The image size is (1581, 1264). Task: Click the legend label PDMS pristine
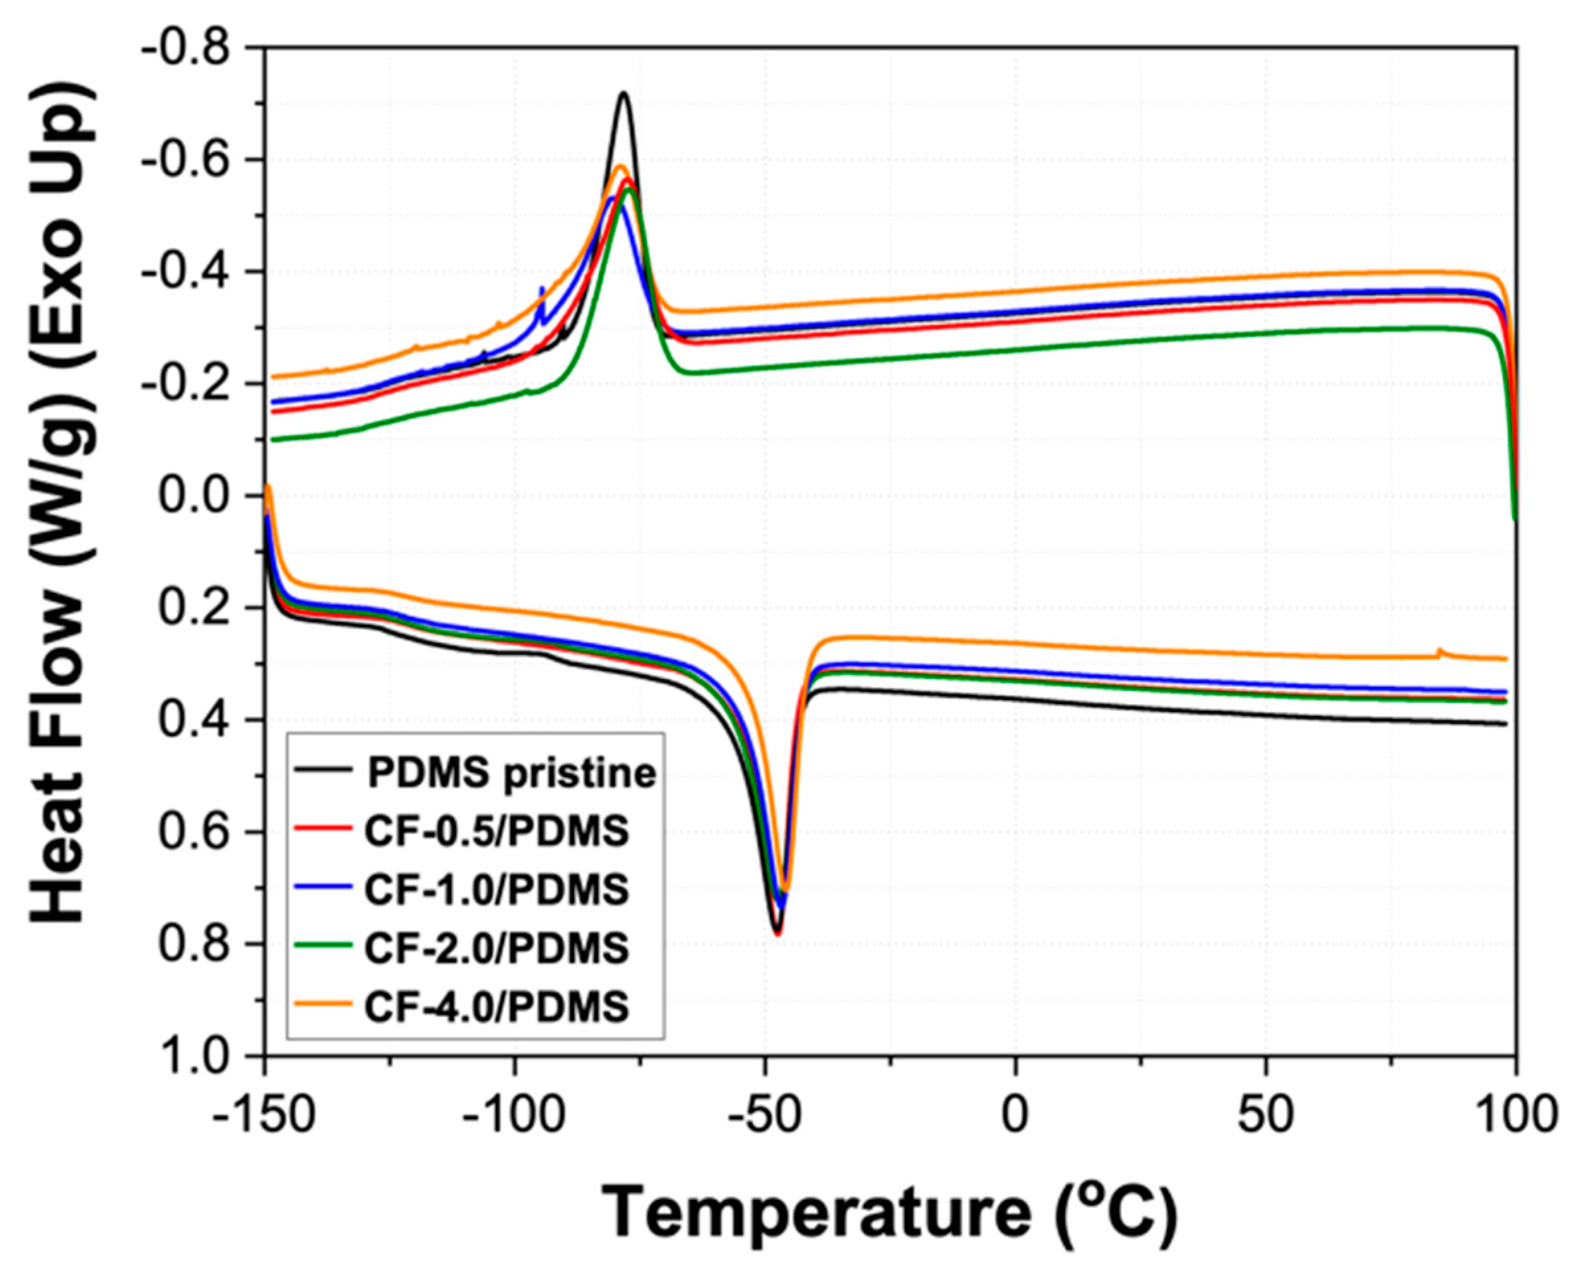(x=511, y=773)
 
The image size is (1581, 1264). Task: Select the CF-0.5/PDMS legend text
(x=496, y=832)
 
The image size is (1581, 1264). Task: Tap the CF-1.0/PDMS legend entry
(x=496, y=889)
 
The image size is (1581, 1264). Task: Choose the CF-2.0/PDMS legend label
(x=496, y=948)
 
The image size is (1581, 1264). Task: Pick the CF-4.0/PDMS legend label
(x=496, y=1006)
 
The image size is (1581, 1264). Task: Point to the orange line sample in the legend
(x=323, y=1003)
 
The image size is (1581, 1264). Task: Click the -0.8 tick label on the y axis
(x=194, y=49)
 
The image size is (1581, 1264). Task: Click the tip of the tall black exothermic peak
(x=624, y=93)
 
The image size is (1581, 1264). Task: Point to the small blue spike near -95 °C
(x=542, y=289)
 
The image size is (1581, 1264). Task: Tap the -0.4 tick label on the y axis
(x=194, y=273)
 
